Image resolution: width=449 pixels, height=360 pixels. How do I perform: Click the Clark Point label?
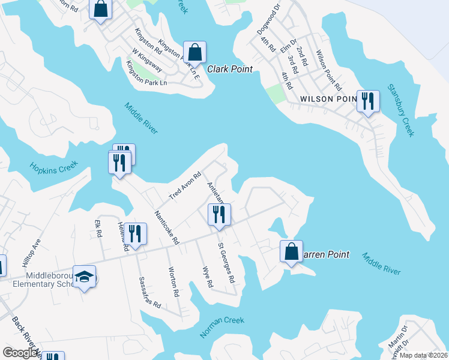click(230, 69)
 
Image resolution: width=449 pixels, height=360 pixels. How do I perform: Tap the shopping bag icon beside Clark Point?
click(195, 52)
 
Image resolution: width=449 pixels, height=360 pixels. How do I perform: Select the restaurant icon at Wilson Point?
click(368, 101)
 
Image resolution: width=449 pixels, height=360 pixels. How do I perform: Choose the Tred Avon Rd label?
click(184, 186)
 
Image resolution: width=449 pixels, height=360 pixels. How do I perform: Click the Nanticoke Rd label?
click(167, 227)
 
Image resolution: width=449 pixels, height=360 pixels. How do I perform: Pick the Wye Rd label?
click(208, 277)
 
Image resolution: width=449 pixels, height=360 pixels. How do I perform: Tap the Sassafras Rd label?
click(150, 292)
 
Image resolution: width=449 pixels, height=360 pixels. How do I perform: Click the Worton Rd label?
click(174, 281)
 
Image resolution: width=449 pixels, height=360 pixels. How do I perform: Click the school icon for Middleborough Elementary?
click(85, 277)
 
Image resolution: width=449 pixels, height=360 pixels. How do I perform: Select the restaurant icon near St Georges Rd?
click(219, 214)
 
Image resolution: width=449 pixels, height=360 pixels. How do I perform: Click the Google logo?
click(20, 353)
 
